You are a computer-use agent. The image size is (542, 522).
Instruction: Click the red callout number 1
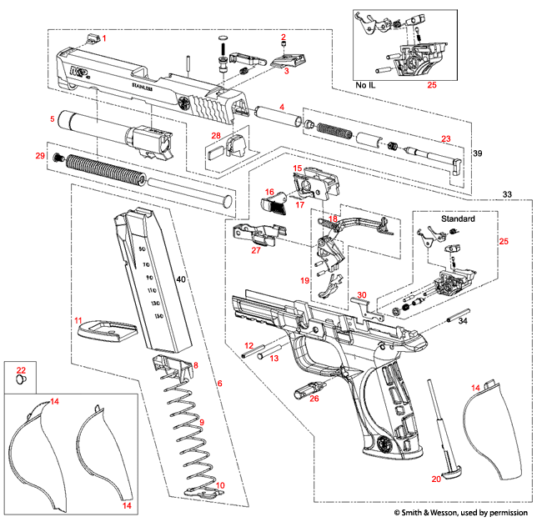click(x=104, y=39)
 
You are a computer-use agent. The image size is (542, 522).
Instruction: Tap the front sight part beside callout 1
click(x=92, y=37)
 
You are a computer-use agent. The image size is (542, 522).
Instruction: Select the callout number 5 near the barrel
click(x=52, y=119)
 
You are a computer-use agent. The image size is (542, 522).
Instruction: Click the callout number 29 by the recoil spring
click(x=38, y=156)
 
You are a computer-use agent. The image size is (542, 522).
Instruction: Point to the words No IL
click(x=364, y=84)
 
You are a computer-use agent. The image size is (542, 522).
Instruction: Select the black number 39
click(x=476, y=155)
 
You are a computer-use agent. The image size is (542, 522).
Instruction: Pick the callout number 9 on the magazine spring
click(x=200, y=423)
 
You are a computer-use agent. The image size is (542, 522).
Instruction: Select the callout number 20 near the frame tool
click(x=436, y=479)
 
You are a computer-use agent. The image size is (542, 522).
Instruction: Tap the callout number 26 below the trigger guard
click(x=314, y=399)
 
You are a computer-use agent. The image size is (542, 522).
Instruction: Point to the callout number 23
click(x=446, y=138)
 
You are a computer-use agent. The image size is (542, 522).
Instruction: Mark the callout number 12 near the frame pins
click(x=248, y=345)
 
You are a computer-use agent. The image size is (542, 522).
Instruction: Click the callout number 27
click(x=256, y=249)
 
